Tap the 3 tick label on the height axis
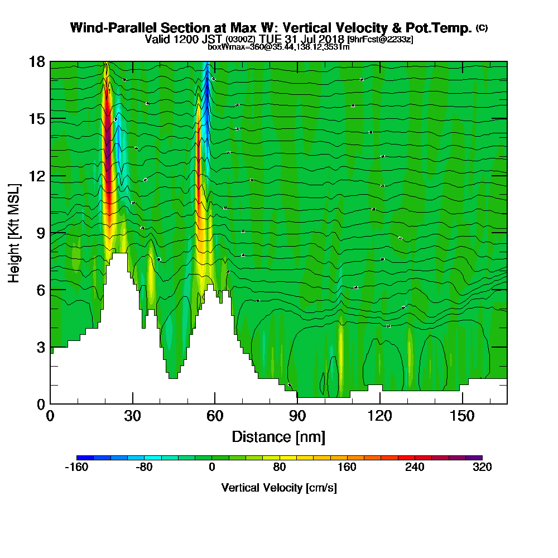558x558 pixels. click(40, 347)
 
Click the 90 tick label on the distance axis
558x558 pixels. click(297, 416)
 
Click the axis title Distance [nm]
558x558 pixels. click(278, 436)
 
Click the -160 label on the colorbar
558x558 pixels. click(77, 468)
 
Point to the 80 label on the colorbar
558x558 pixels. click(280, 468)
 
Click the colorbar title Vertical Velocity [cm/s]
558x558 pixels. click(279, 488)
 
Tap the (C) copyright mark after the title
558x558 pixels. click(482, 27)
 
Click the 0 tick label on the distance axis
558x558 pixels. click(50, 416)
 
